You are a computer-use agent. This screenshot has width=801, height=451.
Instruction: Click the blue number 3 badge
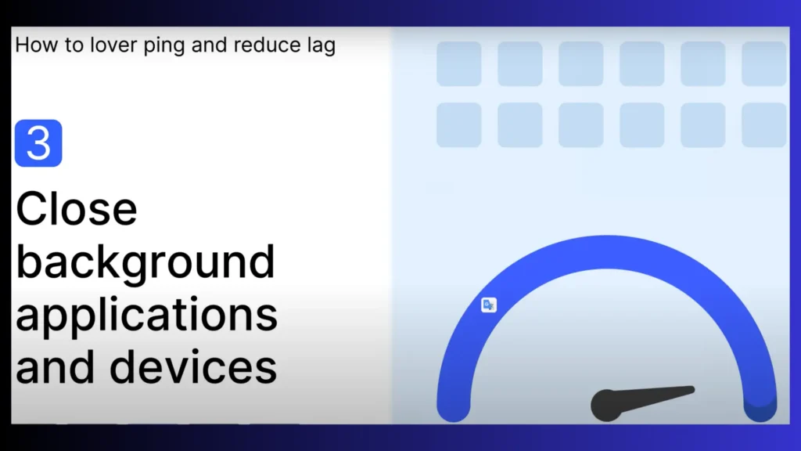(x=38, y=143)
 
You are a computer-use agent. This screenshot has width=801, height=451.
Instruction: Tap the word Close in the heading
(x=77, y=208)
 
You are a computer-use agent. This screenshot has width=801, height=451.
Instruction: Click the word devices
(x=193, y=366)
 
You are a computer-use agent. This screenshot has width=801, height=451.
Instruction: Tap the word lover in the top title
(x=113, y=45)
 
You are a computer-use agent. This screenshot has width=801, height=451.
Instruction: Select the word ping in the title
(x=163, y=46)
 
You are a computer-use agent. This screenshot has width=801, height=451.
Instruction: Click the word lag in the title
(x=321, y=46)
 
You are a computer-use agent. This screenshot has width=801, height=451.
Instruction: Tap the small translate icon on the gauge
(x=489, y=305)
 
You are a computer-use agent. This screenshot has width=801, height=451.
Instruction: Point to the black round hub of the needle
(x=606, y=406)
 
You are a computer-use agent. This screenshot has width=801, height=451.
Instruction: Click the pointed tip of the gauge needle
(x=693, y=390)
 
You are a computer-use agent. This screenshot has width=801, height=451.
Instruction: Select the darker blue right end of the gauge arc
(x=760, y=406)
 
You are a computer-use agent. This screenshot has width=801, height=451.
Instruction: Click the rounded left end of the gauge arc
(x=454, y=406)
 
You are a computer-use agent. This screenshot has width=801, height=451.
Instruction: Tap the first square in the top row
(x=458, y=64)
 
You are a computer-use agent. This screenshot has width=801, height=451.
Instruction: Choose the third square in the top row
(x=581, y=64)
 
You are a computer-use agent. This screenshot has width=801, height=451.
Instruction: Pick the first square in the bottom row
(x=458, y=125)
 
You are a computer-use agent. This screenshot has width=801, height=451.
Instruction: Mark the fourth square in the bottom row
(x=642, y=125)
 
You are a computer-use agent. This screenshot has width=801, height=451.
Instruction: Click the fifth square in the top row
(x=703, y=64)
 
